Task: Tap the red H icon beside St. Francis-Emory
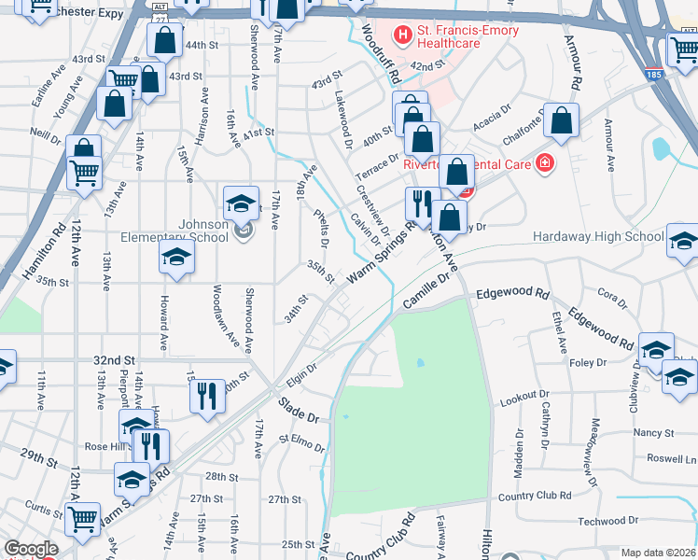pyautogui.click(x=403, y=36)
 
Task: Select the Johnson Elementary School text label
pyautogui.click(x=190, y=231)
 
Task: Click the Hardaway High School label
pyautogui.click(x=597, y=237)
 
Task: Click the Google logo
pyautogui.click(x=30, y=549)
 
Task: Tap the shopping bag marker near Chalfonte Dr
pyautogui.click(x=561, y=120)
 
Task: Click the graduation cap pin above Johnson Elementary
pyautogui.click(x=241, y=203)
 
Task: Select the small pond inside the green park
pyautogui.click(x=420, y=362)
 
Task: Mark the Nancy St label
pyautogui.click(x=653, y=433)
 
